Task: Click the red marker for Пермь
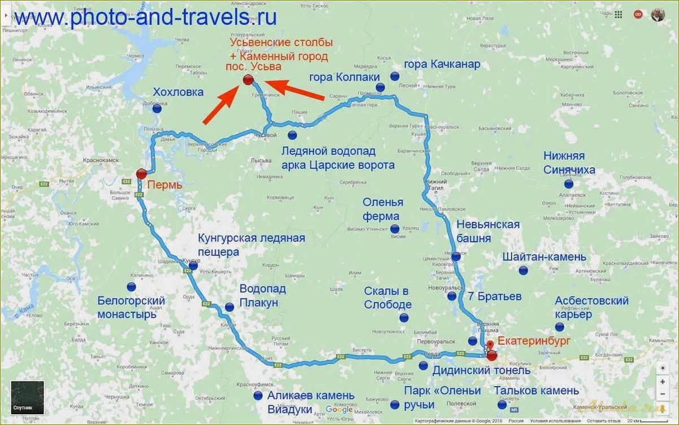141,174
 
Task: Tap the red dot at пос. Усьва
247,80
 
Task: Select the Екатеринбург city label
534,341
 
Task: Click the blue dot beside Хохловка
156,108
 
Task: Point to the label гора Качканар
442,64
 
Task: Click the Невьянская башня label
488,231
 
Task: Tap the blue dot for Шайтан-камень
523,270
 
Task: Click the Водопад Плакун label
262,296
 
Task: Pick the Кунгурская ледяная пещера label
251,244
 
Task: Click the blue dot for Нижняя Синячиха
568,183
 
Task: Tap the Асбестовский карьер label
591,308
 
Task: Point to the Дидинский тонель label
481,371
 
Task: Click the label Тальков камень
536,391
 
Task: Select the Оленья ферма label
382,209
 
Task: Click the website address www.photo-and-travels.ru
146,17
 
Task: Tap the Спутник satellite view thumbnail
27,397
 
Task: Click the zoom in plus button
662,382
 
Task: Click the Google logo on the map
339,410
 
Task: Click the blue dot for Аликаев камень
258,395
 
